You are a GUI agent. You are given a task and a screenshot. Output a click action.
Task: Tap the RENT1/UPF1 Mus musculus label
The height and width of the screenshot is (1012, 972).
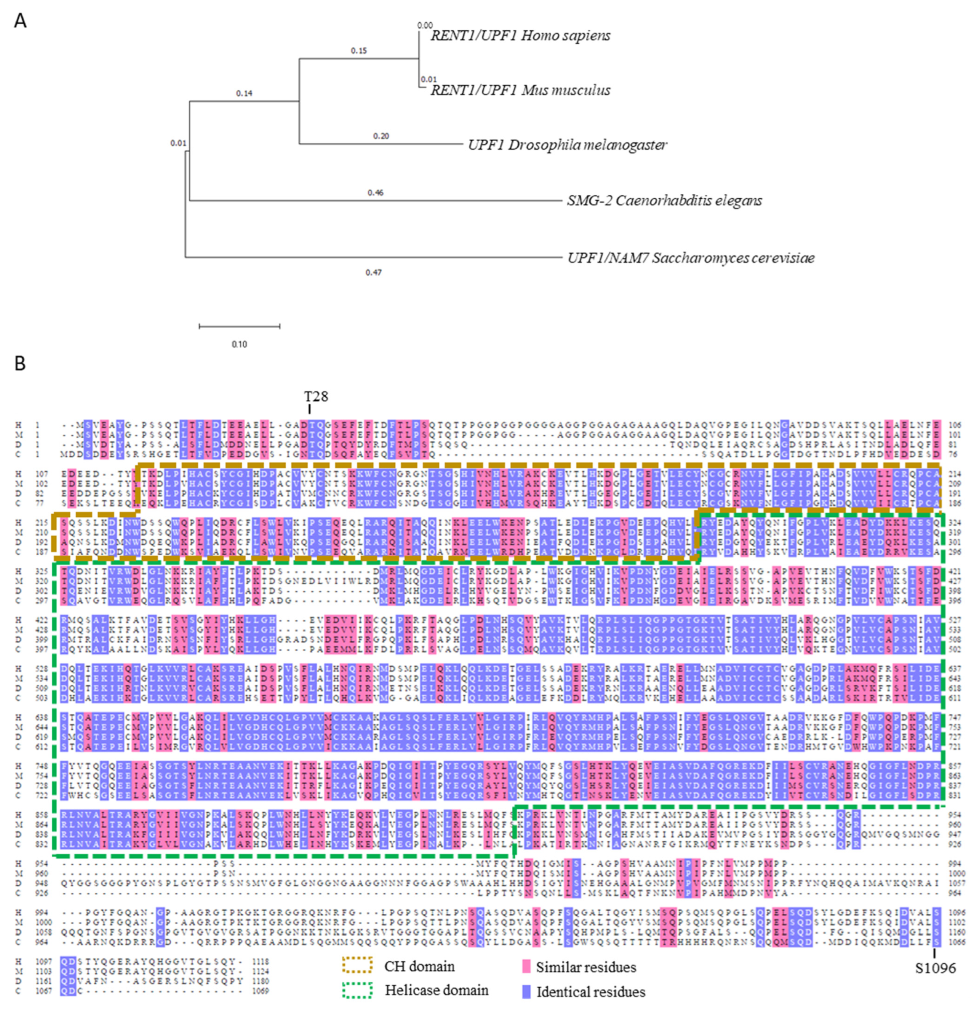520,90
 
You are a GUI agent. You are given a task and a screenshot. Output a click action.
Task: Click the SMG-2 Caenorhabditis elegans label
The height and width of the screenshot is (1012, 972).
664,200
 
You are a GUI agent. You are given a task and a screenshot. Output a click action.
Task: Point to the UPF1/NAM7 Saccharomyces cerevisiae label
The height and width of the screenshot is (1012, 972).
690,258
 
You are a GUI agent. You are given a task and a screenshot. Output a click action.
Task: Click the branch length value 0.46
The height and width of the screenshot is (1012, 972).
375,193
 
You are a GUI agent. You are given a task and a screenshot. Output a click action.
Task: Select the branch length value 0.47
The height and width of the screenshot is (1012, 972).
373,272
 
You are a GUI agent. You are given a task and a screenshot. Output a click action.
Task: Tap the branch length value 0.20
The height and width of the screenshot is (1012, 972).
381,136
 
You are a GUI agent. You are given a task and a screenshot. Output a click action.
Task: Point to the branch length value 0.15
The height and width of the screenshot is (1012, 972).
359,51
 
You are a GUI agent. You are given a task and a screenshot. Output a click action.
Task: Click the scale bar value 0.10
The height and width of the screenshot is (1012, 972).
239,344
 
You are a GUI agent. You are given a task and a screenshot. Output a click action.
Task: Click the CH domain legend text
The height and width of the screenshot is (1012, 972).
419,966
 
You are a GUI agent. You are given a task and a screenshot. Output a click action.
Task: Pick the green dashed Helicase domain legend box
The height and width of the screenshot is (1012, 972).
357,990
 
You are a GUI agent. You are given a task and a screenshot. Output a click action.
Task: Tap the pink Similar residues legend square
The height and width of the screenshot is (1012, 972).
526,966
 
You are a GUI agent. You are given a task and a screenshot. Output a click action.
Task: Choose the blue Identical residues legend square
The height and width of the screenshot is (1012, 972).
526,991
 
